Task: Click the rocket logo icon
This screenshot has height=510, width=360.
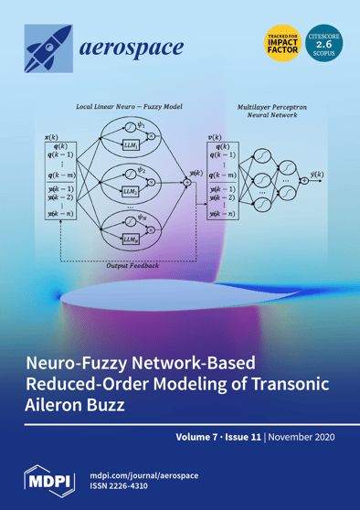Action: coord(48,47)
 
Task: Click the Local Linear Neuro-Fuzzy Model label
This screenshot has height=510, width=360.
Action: coord(125,107)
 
